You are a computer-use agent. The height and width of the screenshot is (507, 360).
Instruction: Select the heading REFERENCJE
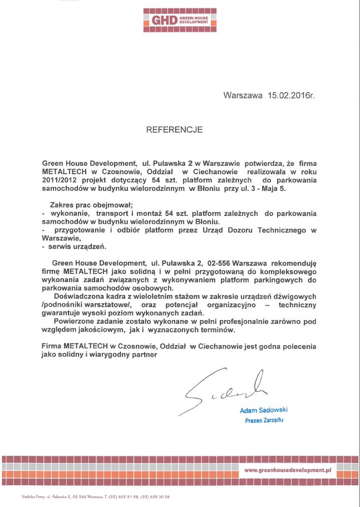(174, 130)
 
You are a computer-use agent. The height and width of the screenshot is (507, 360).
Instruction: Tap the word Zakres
(62, 204)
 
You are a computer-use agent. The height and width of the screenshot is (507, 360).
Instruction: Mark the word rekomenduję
(293, 263)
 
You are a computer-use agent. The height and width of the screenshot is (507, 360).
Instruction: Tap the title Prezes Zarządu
(264, 420)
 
